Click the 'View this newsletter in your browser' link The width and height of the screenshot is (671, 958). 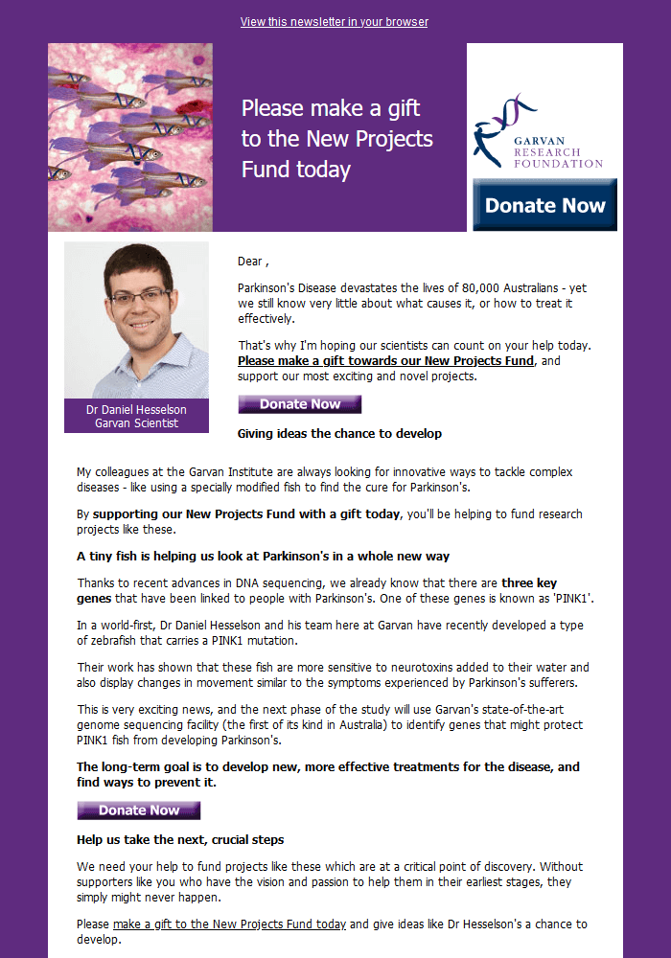pyautogui.click(x=334, y=22)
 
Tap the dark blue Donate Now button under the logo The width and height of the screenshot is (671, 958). pyautogui.click(x=544, y=205)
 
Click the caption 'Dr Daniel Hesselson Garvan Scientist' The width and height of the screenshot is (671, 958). pyautogui.click(x=136, y=416)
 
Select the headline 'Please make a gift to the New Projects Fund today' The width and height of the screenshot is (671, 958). pyautogui.click(x=336, y=138)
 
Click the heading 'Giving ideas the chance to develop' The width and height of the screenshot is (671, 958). pyautogui.click(x=339, y=434)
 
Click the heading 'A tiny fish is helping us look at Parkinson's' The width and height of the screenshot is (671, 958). pyautogui.click(x=263, y=557)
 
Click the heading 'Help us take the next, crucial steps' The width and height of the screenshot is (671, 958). pyautogui.click(x=180, y=840)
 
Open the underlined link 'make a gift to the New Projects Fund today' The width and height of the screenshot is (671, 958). pyautogui.click(x=229, y=924)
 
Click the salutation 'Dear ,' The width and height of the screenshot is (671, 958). pyautogui.click(x=253, y=262)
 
